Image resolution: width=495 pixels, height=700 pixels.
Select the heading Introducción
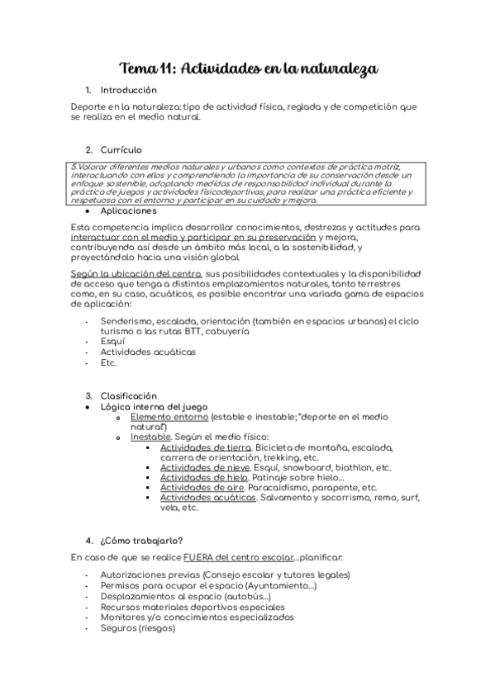coord(128,90)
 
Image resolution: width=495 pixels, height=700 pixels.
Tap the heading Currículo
coord(121,150)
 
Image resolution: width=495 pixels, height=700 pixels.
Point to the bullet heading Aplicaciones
coord(127,210)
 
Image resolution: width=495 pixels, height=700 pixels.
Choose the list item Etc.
coord(108,362)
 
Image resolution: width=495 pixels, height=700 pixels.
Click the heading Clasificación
coord(127,396)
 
